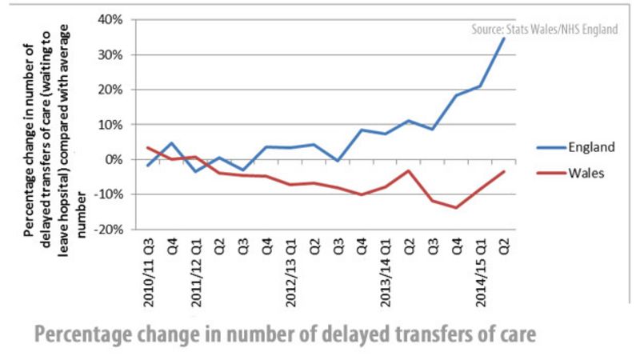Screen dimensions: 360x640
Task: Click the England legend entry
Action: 591,147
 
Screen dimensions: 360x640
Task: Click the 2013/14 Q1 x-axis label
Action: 386,270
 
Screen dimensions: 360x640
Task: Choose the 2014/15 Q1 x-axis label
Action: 481,270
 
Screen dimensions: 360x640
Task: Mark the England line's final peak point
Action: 504,37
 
